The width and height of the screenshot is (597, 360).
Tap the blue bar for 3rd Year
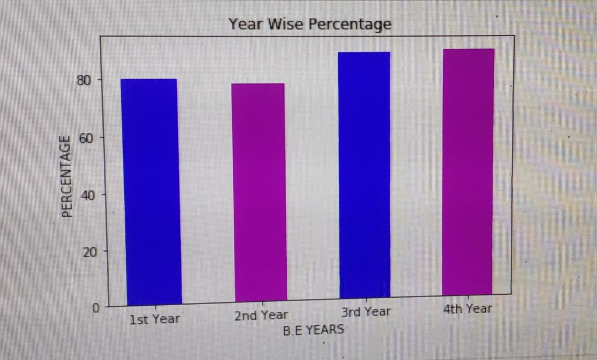(365, 175)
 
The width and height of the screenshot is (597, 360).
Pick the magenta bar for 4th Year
(468, 172)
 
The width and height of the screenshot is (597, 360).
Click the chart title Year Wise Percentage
(310, 24)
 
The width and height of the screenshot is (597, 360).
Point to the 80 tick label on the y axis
(85, 80)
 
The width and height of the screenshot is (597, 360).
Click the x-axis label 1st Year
(154, 319)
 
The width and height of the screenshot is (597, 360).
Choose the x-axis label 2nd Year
(261, 316)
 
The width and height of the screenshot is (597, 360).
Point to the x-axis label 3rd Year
(366, 312)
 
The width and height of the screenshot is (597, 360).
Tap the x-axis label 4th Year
(468, 308)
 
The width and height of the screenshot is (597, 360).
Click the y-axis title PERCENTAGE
(66, 176)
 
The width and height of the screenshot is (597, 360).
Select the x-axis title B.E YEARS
(313, 331)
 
